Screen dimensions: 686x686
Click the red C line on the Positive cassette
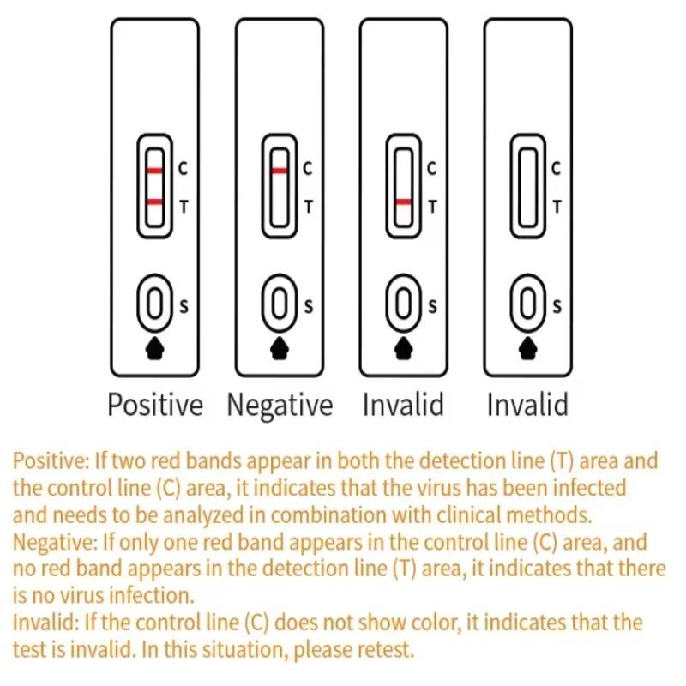click(154, 171)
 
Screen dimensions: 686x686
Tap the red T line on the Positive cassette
click(154, 202)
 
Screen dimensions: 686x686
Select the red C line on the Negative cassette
click(279, 171)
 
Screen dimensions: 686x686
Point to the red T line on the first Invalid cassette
click(403, 202)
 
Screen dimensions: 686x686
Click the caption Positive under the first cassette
click(155, 404)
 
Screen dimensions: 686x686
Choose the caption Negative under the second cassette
click(279, 404)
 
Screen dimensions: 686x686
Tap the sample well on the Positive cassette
click(154, 304)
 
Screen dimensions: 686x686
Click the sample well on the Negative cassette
click(279, 304)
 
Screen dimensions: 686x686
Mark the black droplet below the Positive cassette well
click(154, 347)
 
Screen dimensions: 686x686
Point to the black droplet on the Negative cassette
click(279, 347)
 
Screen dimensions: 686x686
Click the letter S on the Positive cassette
click(184, 304)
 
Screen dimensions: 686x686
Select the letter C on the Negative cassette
click(308, 170)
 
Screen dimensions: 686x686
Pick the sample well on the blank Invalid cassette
click(527, 304)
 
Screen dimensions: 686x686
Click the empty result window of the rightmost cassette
click(527, 187)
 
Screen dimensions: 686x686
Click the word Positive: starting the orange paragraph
click(49, 461)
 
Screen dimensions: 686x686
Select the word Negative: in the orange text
click(52, 543)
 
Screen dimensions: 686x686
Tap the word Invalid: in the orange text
click(45, 623)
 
